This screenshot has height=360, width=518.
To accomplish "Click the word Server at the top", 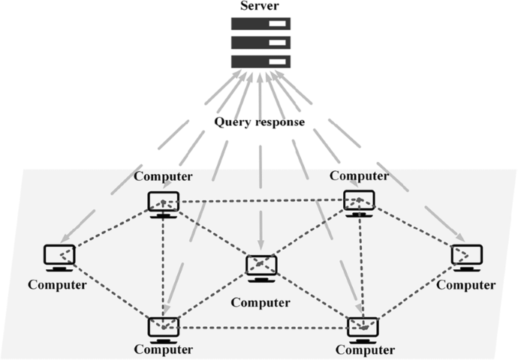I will (259, 7).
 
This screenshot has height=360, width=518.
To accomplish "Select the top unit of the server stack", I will (259, 25).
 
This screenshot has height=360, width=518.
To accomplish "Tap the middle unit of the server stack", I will (259, 43).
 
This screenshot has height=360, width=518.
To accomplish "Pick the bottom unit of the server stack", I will (259, 61).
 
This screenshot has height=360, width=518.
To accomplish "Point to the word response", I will (279, 122).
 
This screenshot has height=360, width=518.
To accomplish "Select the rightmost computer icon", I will (466, 257).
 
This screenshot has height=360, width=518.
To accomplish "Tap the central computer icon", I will (261, 268).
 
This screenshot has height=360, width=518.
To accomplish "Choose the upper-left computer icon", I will (163, 203).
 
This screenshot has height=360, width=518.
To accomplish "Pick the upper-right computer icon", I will (359, 202).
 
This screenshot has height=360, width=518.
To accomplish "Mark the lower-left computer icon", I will (163, 328).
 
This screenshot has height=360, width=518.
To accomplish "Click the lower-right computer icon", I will (363, 328).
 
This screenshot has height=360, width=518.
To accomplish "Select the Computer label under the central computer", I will (260, 303).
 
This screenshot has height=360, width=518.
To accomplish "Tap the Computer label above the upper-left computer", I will (163, 177).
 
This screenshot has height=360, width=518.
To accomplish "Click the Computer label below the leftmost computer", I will (57, 285).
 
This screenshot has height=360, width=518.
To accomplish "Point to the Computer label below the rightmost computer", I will (466, 285).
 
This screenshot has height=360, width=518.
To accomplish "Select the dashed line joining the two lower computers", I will (263, 328).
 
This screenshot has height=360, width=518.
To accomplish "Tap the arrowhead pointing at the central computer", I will (261, 244).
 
